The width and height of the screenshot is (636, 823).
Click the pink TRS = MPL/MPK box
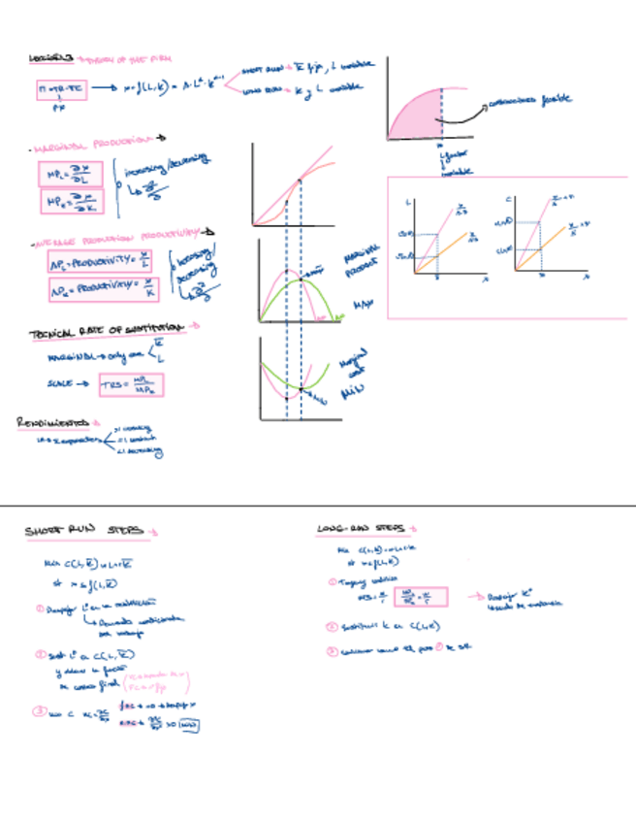pos(132,386)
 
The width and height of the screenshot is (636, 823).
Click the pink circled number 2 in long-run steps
pos(332,626)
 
